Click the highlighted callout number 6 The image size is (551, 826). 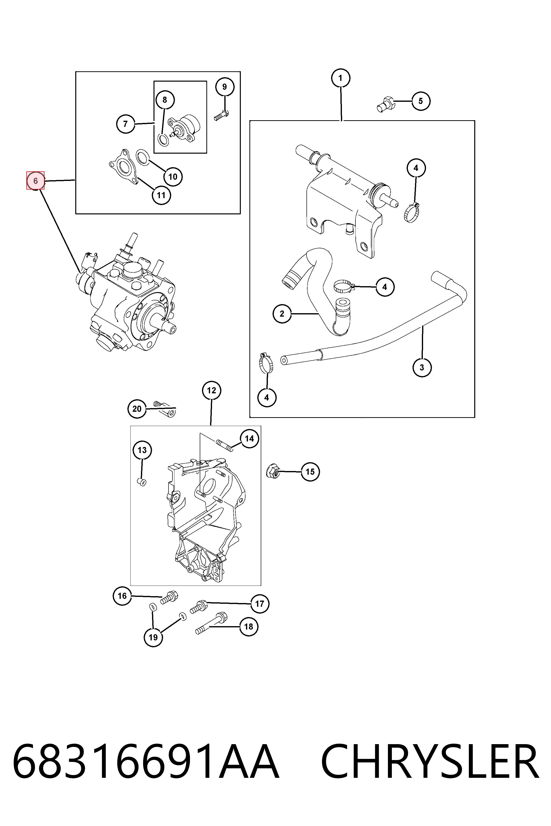[x=35, y=181]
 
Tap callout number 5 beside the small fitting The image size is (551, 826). [x=421, y=101]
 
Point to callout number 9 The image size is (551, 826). [x=225, y=87]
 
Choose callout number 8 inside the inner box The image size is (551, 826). [x=165, y=100]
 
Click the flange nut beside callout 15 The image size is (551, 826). [x=273, y=471]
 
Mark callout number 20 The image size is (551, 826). [x=137, y=409]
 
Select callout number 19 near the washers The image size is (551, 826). [x=153, y=637]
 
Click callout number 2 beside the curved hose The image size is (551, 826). [x=282, y=314]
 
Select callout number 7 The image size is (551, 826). [x=125, y=124]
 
